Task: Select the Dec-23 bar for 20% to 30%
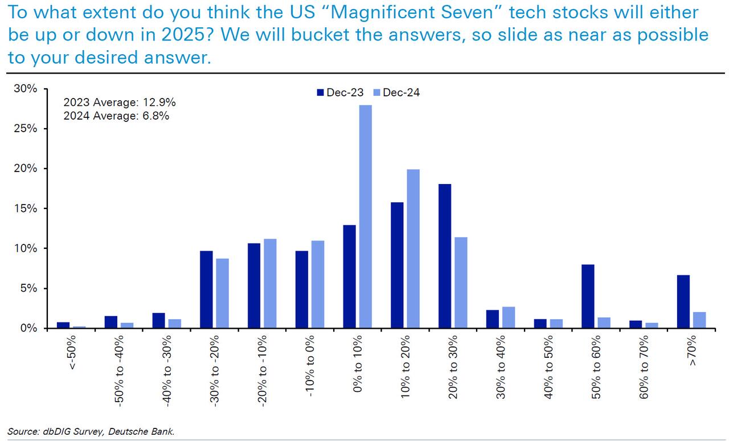(x=444, y=256)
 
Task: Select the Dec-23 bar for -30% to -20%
(x=206, y=289)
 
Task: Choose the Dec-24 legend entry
(x=396, y=93)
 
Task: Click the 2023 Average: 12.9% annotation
(x=120, y=103)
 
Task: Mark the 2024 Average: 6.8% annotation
(x=117, y=116)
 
